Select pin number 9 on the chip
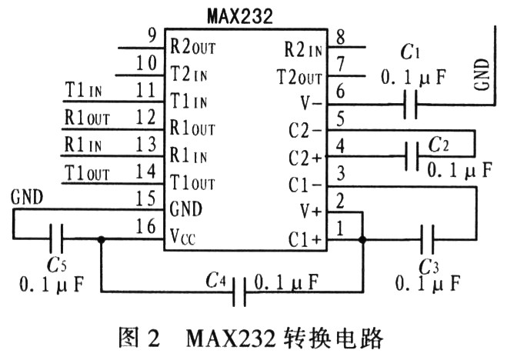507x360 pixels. [150, 35]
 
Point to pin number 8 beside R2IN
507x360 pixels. [339, 35]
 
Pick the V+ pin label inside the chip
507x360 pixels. [309, 210]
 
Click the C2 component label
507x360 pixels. [439, 145]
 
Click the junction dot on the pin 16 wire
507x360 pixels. [101, 238]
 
